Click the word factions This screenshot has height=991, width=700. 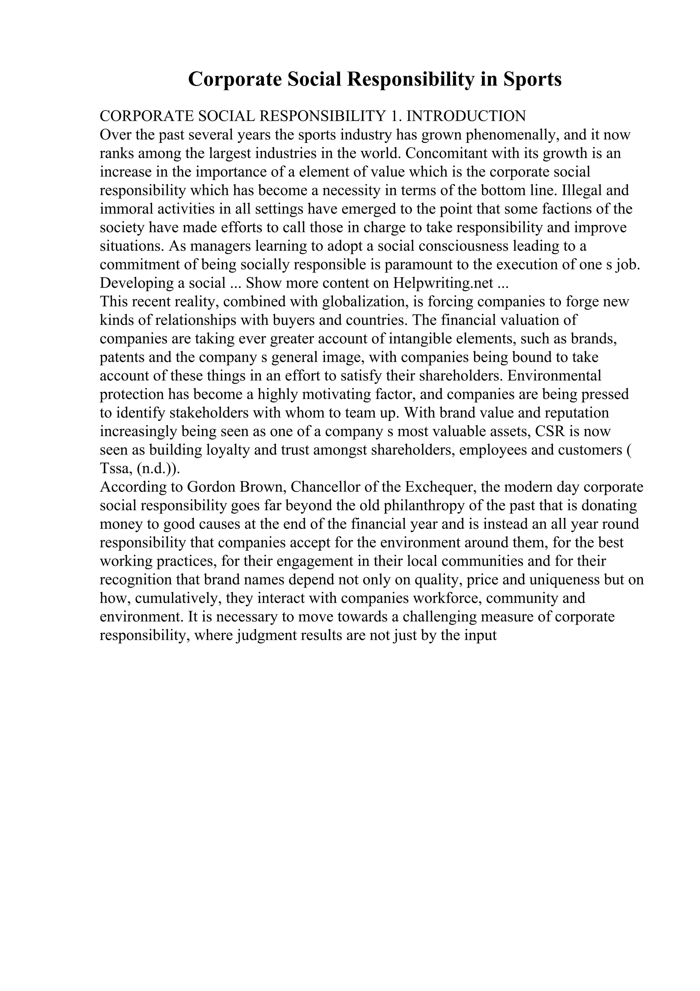[x=567, y=209]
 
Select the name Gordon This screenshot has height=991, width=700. [x=211, y=487]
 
